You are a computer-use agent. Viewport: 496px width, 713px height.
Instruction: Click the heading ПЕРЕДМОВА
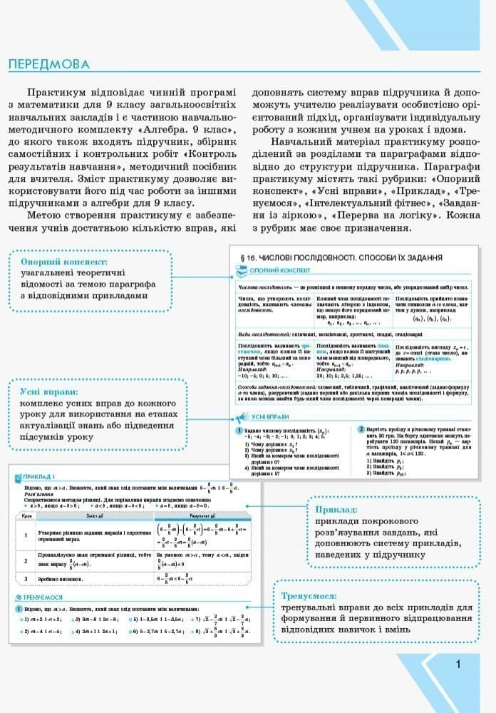point(49,65)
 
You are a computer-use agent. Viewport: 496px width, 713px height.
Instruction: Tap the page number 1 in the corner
point(458,665)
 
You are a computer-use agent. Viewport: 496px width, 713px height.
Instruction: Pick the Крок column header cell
point(24,515)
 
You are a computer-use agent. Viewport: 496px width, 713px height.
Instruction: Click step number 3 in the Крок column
point(24,579)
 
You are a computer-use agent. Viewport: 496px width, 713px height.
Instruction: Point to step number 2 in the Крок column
point(24,561)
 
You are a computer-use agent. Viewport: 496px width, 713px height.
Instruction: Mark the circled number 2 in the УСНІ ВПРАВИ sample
point(361,429)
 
